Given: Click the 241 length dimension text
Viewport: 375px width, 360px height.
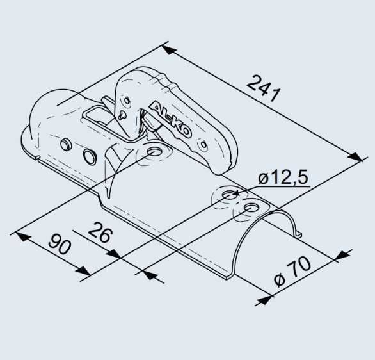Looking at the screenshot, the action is click(263, 88).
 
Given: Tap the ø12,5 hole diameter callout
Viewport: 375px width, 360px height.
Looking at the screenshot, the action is click(283, 177).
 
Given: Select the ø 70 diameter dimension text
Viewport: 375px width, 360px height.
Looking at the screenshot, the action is click(292, 272).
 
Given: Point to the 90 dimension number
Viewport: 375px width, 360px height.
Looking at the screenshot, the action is click(60, 244).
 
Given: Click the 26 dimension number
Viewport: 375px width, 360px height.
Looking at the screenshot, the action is click(100, 232).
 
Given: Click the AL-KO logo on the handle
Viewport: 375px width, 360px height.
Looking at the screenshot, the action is click(170, 120).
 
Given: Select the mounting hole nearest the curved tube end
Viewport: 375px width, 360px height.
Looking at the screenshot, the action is click(251, 208).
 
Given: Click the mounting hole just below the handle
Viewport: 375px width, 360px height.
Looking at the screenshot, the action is click(154, 152).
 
